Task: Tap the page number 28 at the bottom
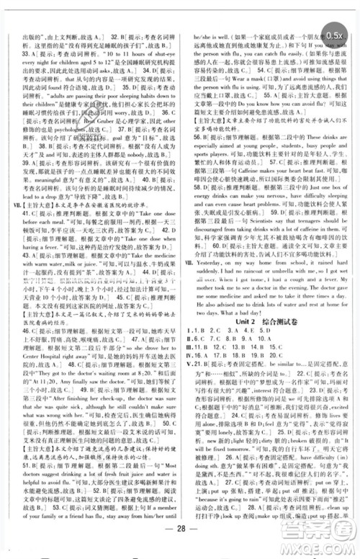pos(181,541)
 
